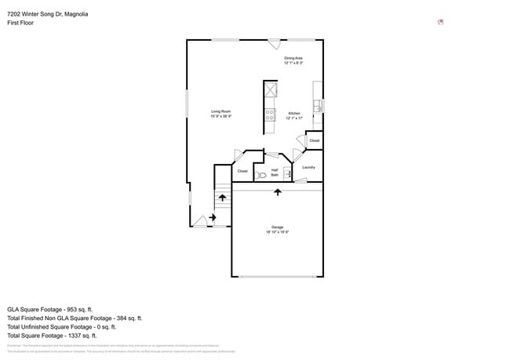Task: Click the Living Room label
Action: point(220,113)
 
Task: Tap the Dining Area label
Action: point(293,60)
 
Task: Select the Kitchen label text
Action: point(294,115)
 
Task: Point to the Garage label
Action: point(277,230)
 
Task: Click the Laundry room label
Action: point(308,167)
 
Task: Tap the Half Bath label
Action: point(275,172)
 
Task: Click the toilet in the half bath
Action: point(260,176)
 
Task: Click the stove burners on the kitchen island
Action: point(270,115)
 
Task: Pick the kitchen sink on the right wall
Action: point(318,105)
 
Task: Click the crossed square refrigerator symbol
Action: point(271,89)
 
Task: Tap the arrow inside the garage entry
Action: point(277,203)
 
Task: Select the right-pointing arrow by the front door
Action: point(213,217)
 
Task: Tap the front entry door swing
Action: point(200,222)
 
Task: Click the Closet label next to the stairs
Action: point(242,171)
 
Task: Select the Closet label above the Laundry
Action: point(314,140)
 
